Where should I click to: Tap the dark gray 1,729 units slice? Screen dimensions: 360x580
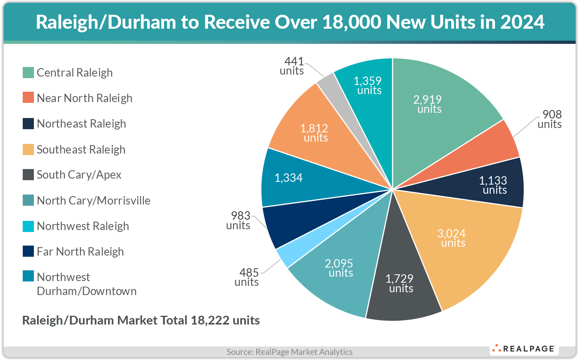pos(401,283)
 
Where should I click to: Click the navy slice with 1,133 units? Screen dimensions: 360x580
pos(493,185)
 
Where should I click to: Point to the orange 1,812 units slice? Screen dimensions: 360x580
pos(315,133)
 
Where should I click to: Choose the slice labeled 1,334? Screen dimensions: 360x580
pos(289,178)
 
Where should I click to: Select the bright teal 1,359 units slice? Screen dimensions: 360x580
pos(369,85)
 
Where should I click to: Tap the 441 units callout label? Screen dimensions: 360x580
pos(293,66)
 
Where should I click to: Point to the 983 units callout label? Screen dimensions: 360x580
pos(239,220)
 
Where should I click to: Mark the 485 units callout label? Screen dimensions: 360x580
pos(247,277)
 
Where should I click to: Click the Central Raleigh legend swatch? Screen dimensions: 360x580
pos(28,73)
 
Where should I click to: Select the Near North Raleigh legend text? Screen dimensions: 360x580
pos(85,98)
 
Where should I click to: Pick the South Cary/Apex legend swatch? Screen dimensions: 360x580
pos(28,175)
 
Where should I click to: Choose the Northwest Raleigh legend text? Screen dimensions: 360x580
pos(83,226)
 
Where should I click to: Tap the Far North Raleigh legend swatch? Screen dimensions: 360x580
pos(28,252)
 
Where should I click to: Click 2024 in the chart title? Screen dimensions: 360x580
pos(522,22)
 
